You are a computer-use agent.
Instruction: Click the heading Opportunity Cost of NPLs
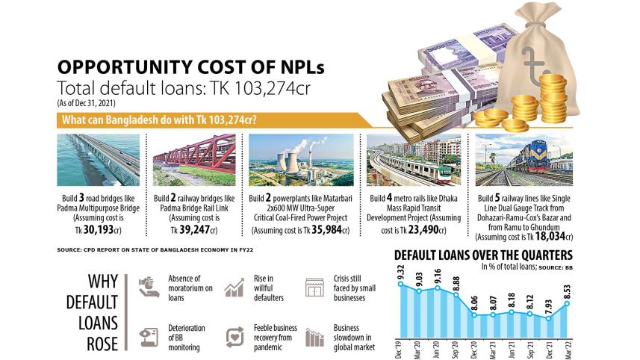[191, 66]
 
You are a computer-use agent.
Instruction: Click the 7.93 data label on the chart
[551, 307]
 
